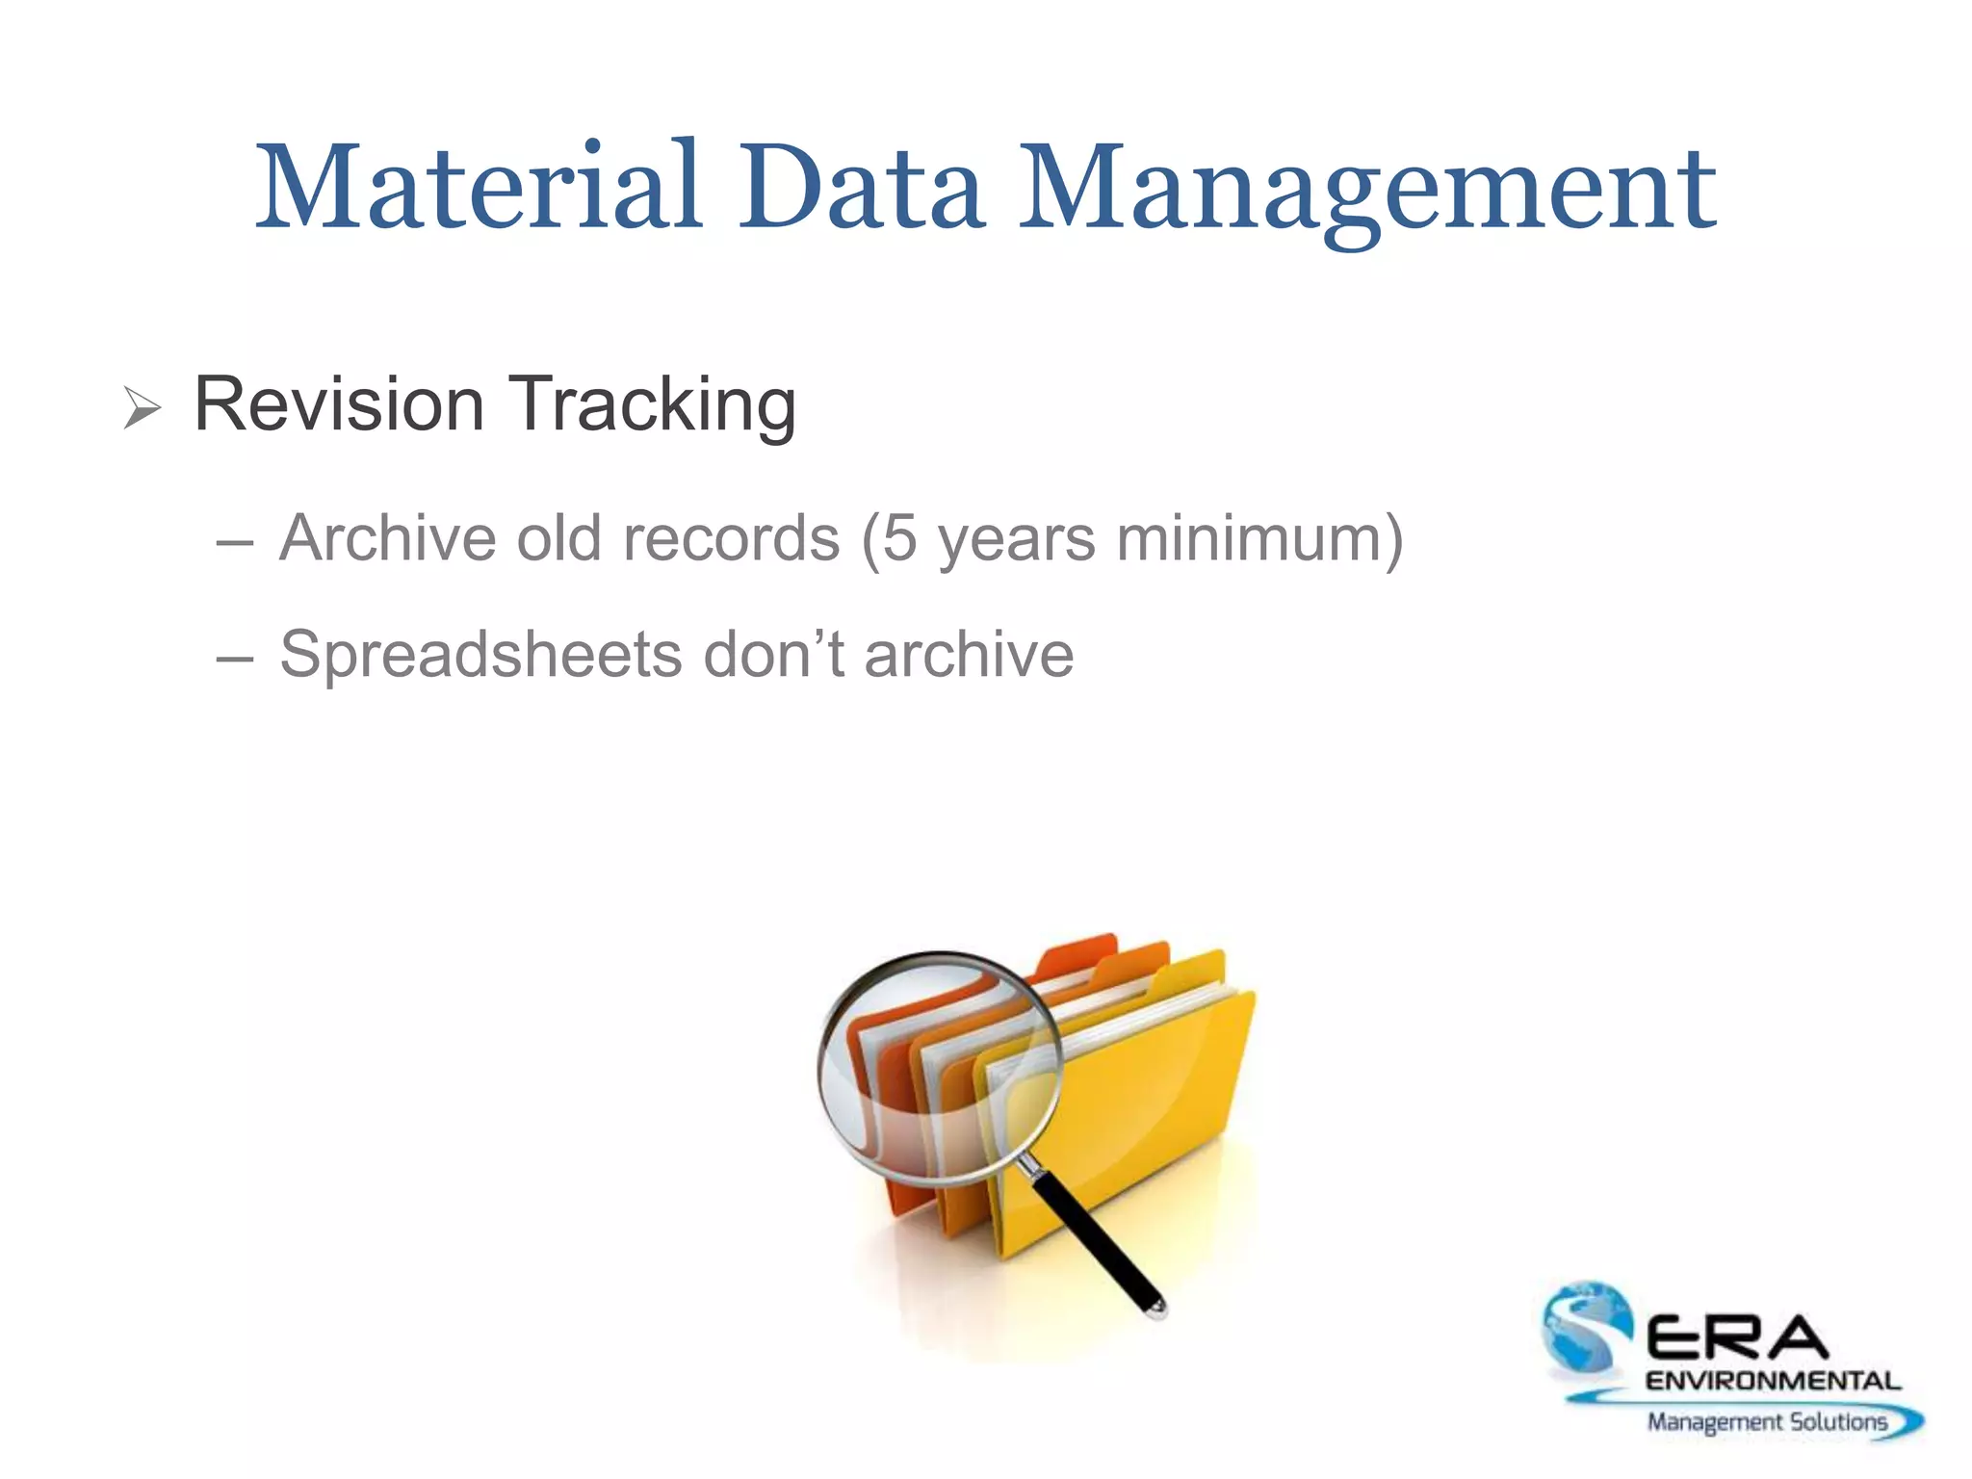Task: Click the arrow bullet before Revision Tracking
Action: click(142, 408)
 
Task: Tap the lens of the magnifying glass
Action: click(939, 1064)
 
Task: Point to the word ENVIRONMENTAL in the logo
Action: click(1773, 1381)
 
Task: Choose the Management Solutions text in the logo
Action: click(1767, 1421)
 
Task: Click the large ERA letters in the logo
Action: click(1738, 1338)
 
